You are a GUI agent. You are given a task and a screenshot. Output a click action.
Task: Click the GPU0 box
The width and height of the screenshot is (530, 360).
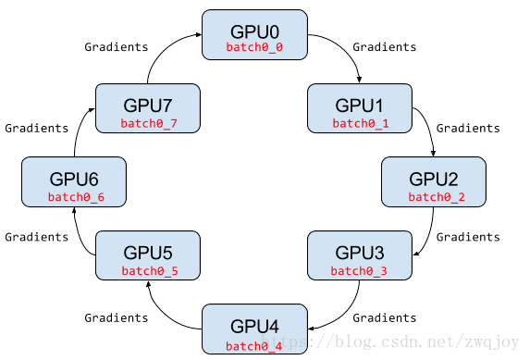254,35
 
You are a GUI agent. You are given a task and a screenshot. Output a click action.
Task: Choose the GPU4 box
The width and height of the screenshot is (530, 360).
254,329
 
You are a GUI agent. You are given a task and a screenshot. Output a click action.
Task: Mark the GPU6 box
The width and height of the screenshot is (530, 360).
74,181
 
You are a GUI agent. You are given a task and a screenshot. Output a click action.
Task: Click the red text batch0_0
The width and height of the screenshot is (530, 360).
254,46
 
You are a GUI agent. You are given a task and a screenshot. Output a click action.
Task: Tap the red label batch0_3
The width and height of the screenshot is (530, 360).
360,271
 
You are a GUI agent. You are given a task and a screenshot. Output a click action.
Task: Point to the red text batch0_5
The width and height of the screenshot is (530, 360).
148,271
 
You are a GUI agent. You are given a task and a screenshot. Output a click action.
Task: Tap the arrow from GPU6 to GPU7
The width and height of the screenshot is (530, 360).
78,130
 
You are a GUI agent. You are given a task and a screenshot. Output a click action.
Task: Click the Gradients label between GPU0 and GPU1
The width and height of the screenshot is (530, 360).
385,47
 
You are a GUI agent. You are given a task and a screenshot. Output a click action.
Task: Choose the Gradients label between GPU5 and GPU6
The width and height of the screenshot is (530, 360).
36,237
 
